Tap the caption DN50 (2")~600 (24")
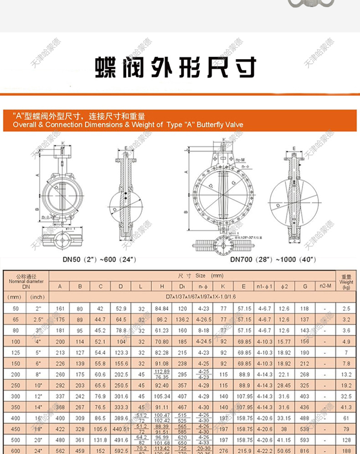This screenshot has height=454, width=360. coord(99,259)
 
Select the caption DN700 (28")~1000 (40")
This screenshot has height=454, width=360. coord(273,259)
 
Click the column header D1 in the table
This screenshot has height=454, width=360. coord(182,287)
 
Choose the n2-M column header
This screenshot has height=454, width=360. coord(324,287)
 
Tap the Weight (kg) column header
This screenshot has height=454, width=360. coord(346,282)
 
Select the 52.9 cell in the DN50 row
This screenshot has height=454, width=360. coord(121,309)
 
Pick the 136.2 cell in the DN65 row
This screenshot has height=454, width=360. coord(182,320)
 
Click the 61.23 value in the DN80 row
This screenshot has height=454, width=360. coord(162,330)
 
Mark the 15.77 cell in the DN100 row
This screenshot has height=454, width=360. coord(283,341)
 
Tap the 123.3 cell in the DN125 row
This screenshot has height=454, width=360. coord(121,352)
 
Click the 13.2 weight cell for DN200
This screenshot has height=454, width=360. coord(346,374)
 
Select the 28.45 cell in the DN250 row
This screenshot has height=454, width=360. coord(283,385)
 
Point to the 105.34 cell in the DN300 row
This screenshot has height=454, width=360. coord(162,396)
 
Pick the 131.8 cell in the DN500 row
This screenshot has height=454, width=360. coord(100,440)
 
